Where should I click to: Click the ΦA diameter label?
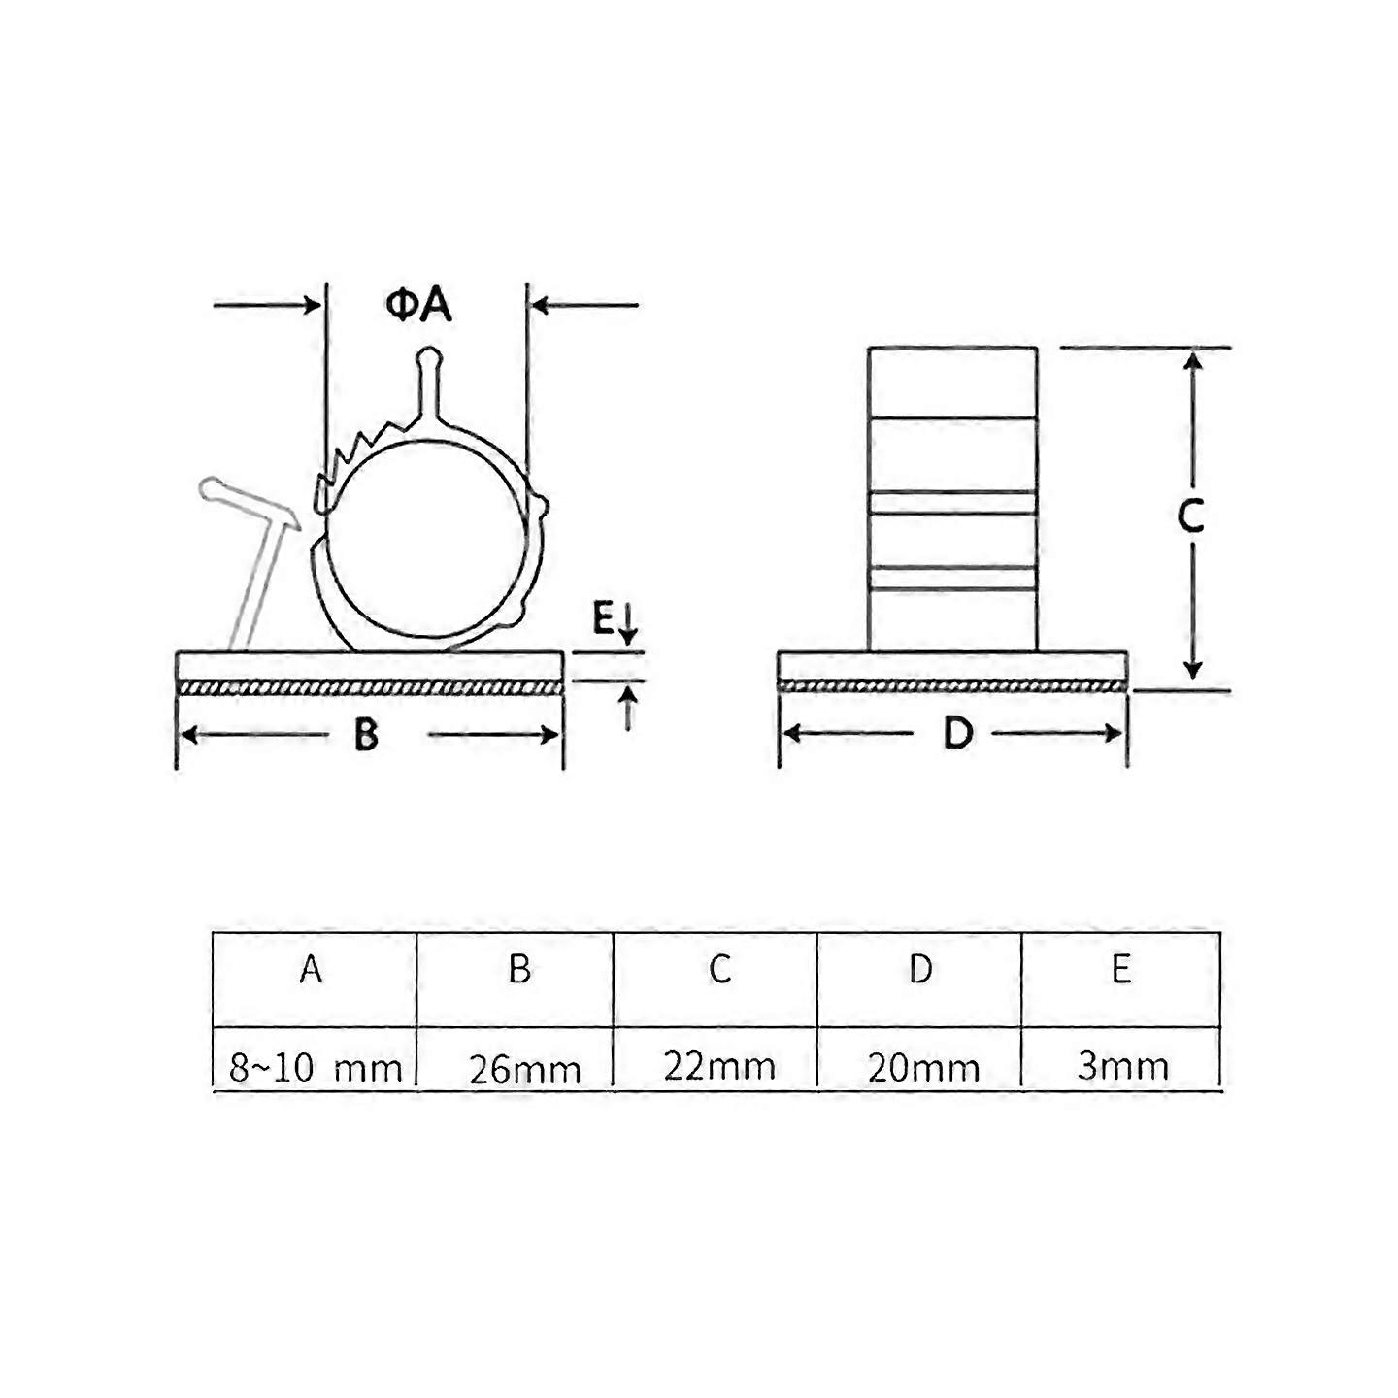click(x=418, y=306)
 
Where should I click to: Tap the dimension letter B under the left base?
click(x=366, y=735)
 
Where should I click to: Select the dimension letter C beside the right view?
click(x=1190, y=516)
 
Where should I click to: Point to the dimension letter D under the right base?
click(x=957, y=733)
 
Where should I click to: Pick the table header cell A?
click(x=312, y=969)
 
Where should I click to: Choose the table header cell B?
click(x=519, y=969)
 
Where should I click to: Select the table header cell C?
click(x=719, y=969)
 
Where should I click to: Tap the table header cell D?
click(x=920, y=969)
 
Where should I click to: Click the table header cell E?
click(x=1121, y=969)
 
